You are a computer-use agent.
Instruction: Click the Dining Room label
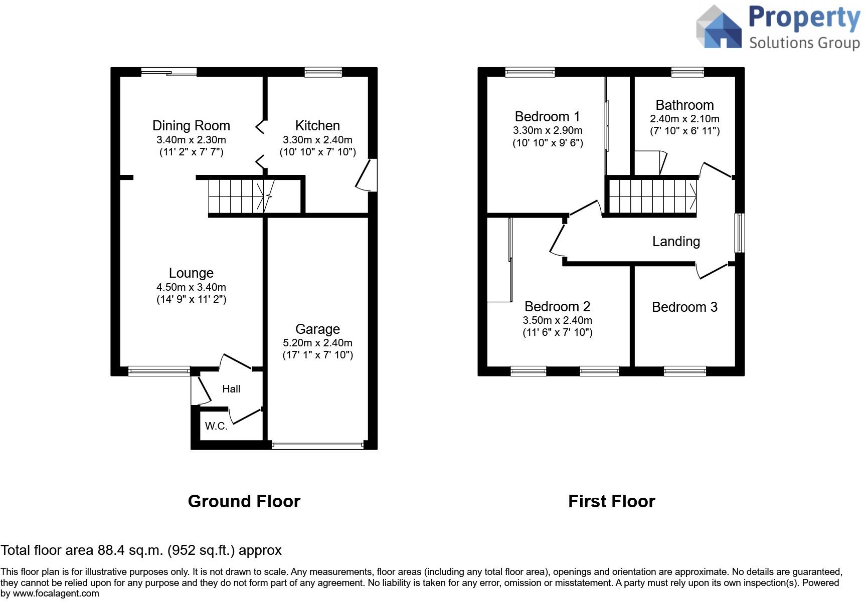(191, 126)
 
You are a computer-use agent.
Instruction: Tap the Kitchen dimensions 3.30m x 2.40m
(317, 140)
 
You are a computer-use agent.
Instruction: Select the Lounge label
(191, 273)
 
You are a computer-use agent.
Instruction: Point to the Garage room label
(317, 329)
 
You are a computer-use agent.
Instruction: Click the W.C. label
(216, 426)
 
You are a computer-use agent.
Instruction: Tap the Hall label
(231, 389)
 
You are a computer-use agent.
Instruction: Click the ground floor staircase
(236, 196)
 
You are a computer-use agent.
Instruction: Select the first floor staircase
(652, 196)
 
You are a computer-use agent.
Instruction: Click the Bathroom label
(684, 105)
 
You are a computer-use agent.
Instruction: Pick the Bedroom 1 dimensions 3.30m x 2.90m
(548, 131)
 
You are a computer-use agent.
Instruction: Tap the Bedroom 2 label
(557, 307)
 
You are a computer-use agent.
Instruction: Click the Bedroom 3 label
(684, 307)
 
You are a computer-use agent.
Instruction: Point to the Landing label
(676, 242)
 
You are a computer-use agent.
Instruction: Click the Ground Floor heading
(244, 501)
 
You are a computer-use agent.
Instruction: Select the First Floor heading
(611, 501)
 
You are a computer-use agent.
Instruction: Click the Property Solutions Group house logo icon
(719, 28)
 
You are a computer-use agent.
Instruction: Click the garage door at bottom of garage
(317, 445)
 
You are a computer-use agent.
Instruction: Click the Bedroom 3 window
(685, 371)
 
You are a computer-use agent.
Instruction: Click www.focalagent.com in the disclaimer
(56, 594)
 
